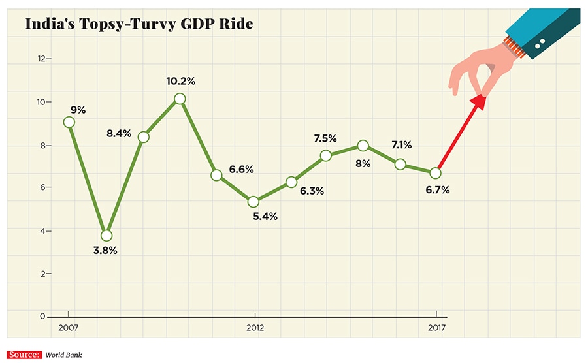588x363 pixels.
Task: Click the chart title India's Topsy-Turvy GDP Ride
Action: click(x=139, y=25)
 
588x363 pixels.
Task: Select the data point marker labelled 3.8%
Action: click(x=106, y=235)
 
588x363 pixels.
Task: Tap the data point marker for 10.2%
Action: click(x=180, y=99)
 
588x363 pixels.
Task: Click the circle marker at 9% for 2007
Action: click(x=69, y=122)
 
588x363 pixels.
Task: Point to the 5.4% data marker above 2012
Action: click(x=254, y=202)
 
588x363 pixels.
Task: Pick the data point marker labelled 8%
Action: click(x=363, y=146)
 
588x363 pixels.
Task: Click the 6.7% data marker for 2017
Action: click(x=436, y=173)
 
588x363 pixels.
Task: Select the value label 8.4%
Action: click(x=119, y=134)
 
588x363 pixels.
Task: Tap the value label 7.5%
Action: click(x=325, y=138)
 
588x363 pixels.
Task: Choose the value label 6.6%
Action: click(x=241, y=169)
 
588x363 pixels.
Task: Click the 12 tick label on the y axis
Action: click(x=42, y=59)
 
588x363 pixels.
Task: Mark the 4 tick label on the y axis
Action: click(x=43, y=231)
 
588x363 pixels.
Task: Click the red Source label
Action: click(x=22, y=355)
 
